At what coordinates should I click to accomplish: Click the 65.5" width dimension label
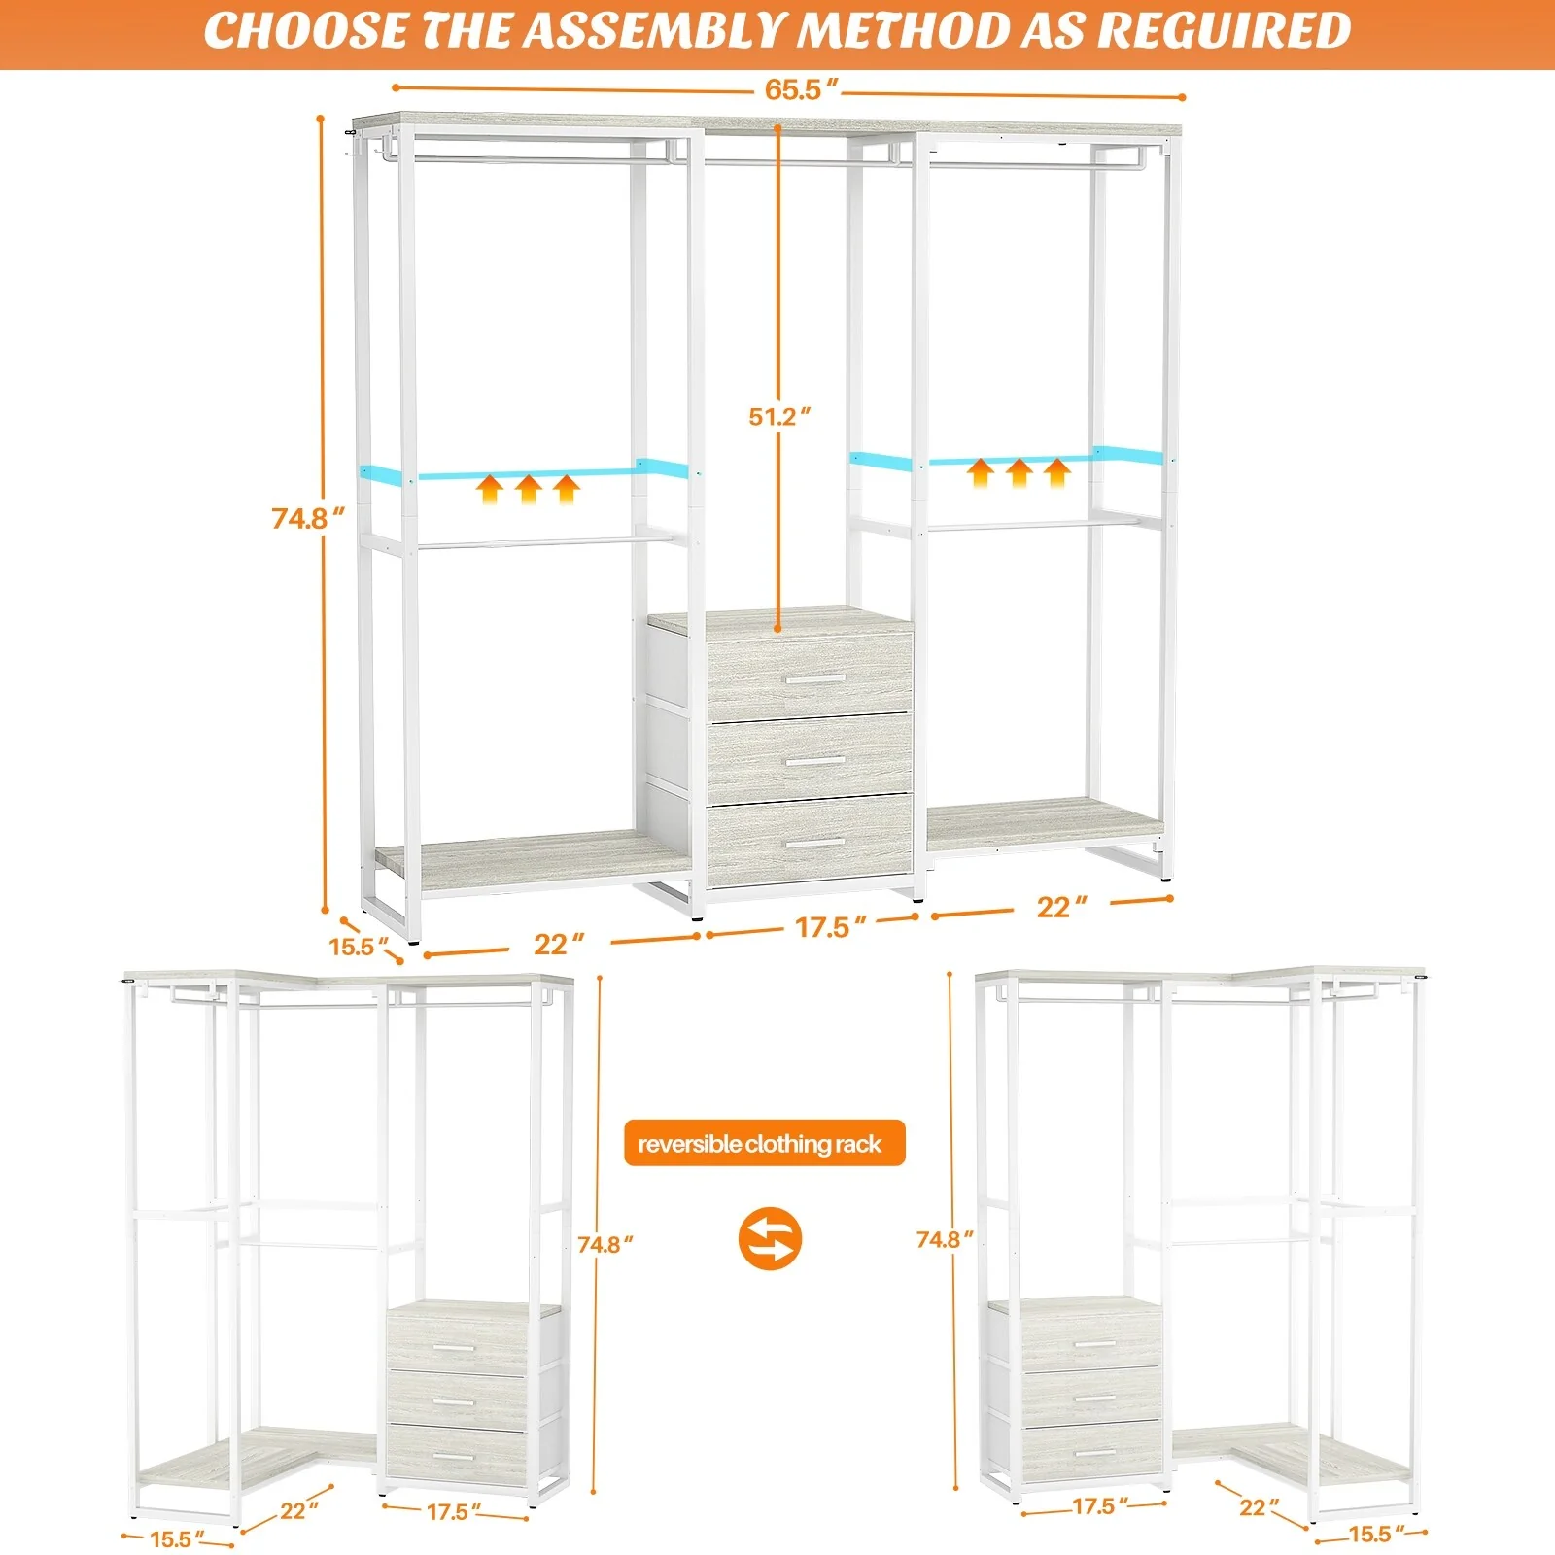[800, 89]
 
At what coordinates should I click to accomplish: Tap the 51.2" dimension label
[778, 417]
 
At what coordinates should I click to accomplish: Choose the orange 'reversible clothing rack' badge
[764, 1144]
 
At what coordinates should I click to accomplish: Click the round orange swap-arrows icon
[770, 1238]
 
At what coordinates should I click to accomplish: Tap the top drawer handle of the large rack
[814, 678]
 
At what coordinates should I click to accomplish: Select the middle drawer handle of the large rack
[814, 761]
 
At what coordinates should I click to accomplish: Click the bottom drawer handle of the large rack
[814, 843]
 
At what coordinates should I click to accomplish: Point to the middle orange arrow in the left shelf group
[528, 489]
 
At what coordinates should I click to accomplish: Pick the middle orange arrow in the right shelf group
[1019, 473]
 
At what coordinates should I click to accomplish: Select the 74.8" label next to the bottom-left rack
[605, 1245]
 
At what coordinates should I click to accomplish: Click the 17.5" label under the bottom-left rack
[453, 1512]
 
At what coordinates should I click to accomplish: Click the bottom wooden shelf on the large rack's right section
[1045, 821]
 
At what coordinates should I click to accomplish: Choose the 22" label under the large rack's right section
[1060, 907]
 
